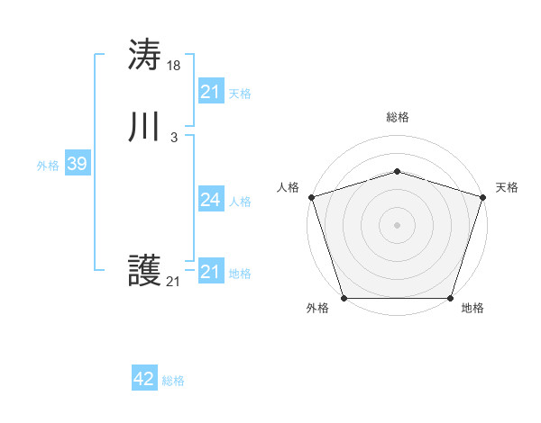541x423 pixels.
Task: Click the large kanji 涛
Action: [x=144, y=56]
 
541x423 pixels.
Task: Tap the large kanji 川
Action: [x=144, y=128]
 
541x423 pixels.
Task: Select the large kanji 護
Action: [x=144, y=271]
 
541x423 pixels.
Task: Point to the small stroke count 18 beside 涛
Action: [x=174, y=65]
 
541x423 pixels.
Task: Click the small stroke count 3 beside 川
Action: [x=174, y=137]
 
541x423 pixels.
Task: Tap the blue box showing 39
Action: [x=77, y=164]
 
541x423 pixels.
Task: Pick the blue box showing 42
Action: [x=144, y=380]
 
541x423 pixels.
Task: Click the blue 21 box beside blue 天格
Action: [x=210, y=92]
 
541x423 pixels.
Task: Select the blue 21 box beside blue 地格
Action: [x=210, y=272]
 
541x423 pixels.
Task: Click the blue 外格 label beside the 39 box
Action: [x=48, y=166]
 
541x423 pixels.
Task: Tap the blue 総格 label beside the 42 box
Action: [x=173, y=382]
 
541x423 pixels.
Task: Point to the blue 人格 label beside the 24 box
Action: [x=240, y=202]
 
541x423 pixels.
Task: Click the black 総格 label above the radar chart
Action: [x=398, y=117]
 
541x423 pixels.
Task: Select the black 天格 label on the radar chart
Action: [x=507, y=187]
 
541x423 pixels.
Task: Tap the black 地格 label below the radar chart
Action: [x=472, y=309]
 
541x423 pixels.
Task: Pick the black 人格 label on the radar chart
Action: [x=288, y=187]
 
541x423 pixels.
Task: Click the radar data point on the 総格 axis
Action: [x=398, y=171]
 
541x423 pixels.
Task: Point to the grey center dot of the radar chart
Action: [x=398, y=224]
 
